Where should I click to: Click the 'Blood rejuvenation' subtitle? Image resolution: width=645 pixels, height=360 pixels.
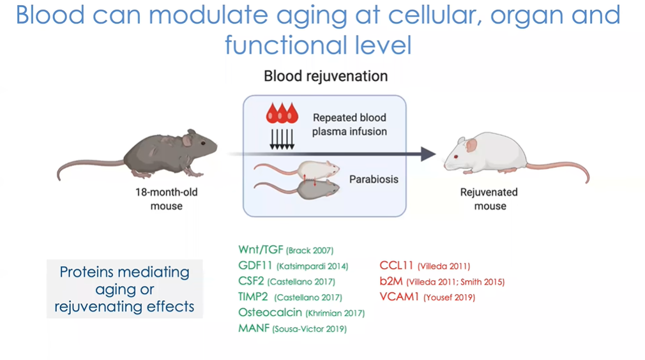coord(326,76)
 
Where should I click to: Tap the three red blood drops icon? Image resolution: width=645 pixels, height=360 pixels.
coord(282,113)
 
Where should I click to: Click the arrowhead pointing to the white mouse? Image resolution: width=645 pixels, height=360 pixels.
coord(429,154)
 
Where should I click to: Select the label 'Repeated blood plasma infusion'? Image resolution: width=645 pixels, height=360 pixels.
coord(349,124)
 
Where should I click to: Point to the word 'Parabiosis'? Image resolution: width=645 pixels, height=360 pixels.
coord(374,179)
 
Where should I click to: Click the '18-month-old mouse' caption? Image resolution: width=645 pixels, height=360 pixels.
coord(167,199)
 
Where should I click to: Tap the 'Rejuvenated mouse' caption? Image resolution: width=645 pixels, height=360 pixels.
coord(489,199)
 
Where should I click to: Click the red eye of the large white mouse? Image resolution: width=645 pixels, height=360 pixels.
coord(456,156)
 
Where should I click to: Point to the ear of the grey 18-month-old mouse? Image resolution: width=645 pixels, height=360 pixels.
coord(187,140)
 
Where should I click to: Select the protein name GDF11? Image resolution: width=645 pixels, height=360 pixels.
coord(255,266)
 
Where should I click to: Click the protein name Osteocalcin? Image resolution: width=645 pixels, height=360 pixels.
coord(270,312)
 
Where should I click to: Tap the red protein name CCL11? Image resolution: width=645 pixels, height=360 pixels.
coord(396,266)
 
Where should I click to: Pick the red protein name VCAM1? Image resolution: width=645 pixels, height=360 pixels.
coord(399,297)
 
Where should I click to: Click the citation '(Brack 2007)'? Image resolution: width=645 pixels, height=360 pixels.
coord(310,250)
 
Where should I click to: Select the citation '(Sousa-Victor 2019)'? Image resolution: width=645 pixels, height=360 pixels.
coord(309,329)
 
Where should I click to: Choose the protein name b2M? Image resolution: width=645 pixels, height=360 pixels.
coord(391,281)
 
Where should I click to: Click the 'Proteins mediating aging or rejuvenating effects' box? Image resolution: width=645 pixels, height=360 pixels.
coord(125,289)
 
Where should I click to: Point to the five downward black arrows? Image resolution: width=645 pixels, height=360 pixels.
coord(282,139)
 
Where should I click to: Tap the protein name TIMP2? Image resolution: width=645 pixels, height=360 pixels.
coord(253,297)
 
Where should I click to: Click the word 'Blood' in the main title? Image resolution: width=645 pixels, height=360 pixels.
coord(50,15)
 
